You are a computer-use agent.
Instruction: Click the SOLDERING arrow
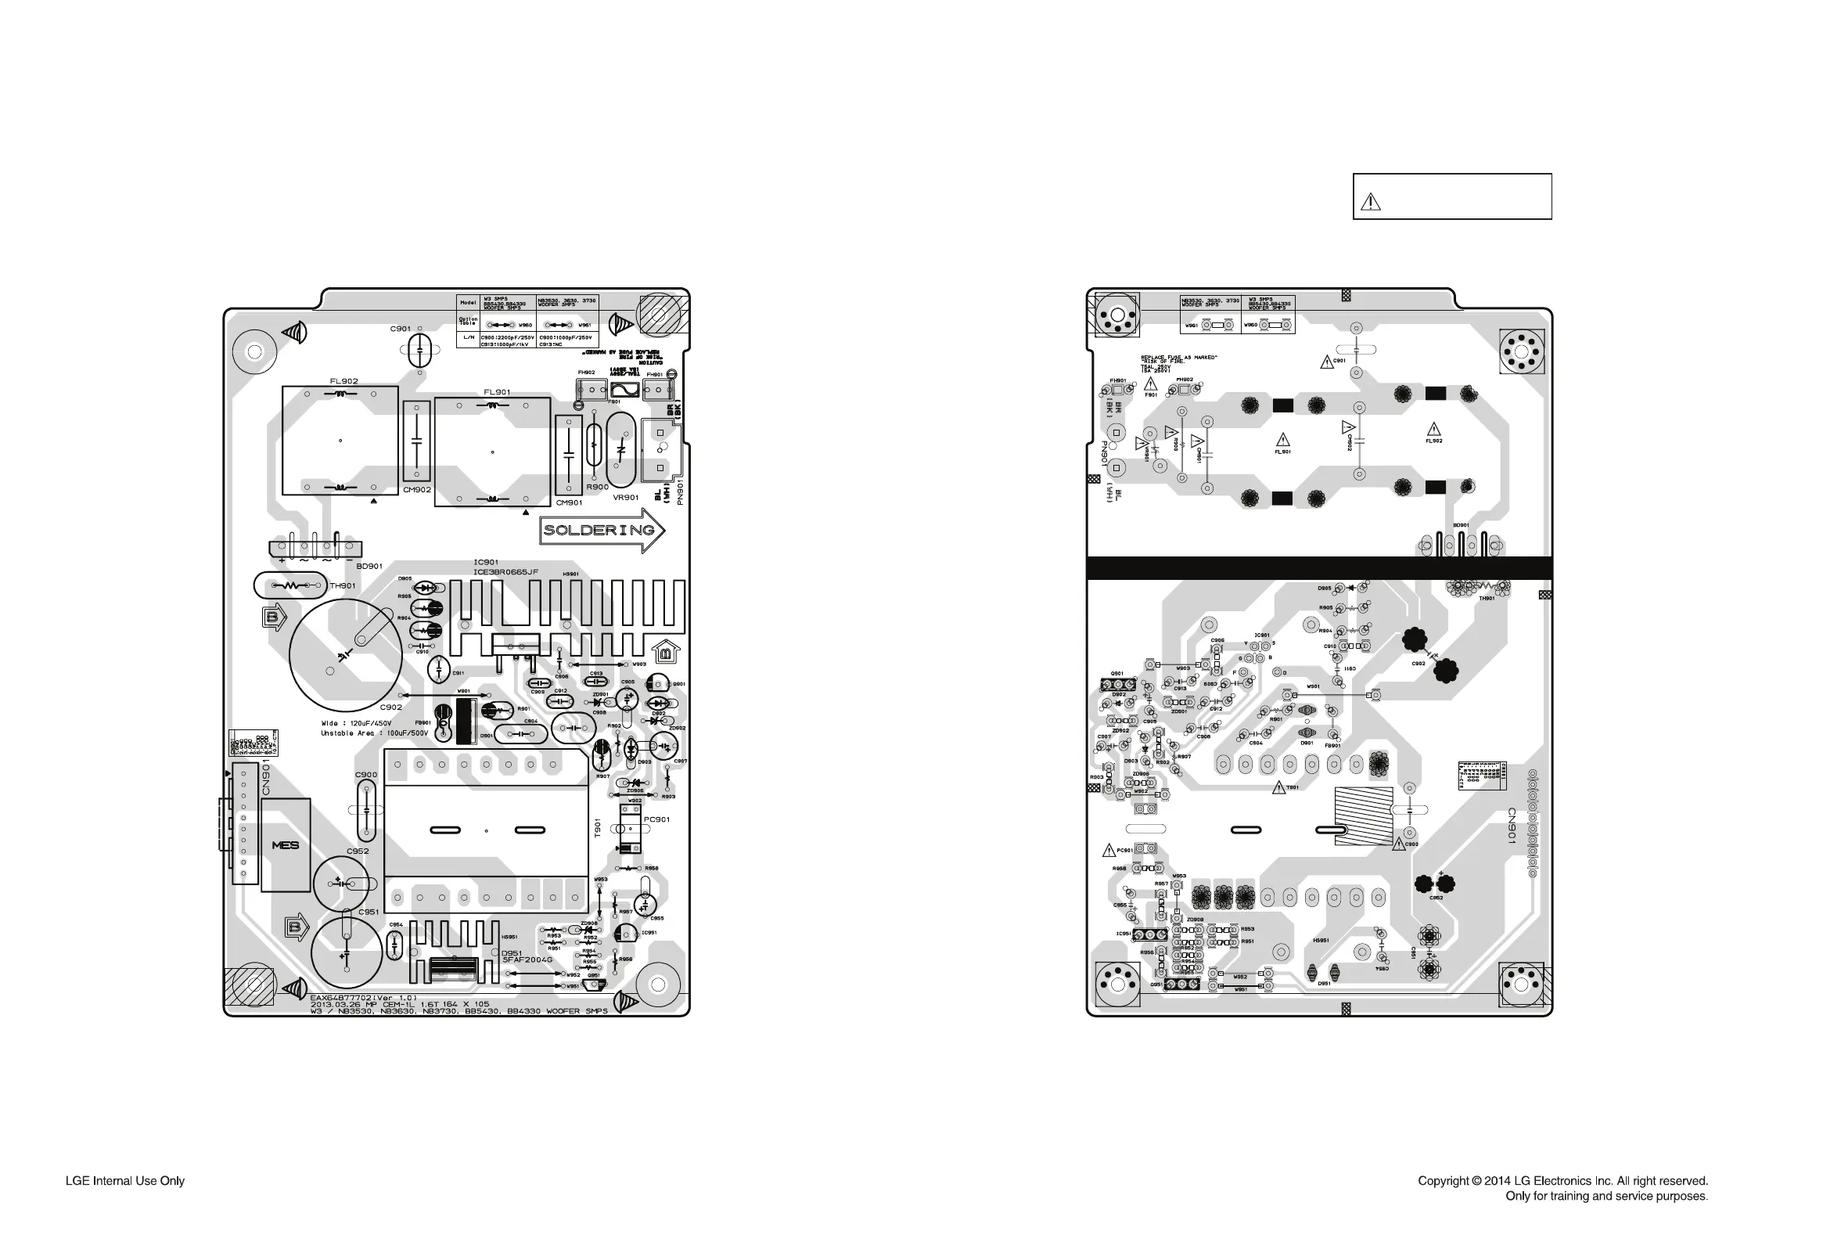pos(600,530)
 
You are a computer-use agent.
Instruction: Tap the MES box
pos(285,845)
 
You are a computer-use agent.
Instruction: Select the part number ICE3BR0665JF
pos(505,571)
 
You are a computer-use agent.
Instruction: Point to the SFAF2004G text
pos(527,960)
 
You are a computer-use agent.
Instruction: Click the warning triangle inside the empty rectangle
pos(1370,202)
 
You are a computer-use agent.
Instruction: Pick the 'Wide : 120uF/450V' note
pos(356,723)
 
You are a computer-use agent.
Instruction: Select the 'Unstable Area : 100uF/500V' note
pos(374,733)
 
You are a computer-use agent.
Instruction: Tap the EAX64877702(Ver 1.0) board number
pos(363,997)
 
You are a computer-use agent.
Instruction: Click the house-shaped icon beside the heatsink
pos(665,652)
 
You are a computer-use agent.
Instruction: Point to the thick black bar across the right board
pos(1318,567)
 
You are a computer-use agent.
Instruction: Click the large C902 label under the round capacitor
pos(390,707)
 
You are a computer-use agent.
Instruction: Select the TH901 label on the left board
pos(343,586)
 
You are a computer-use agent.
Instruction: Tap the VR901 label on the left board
pos(626,498)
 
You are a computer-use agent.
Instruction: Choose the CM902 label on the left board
pos(416,489)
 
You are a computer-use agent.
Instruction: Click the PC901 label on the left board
pos(656,819)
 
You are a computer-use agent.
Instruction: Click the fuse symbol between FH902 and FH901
pos(625,390)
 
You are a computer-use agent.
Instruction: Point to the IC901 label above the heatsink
pos(485,563)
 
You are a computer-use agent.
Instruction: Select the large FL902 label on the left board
pos(343,381)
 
